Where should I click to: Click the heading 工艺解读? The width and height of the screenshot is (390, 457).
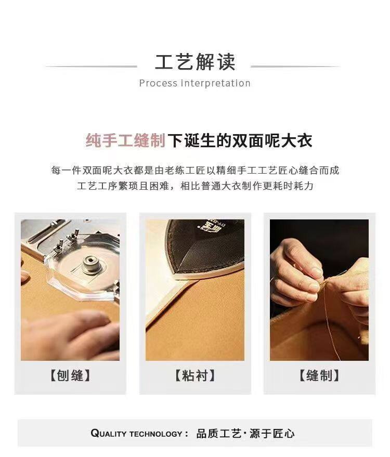click(194, 62)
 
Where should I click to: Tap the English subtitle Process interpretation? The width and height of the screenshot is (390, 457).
click(194, 83)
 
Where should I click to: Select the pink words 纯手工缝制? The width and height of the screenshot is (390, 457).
click(126, 140)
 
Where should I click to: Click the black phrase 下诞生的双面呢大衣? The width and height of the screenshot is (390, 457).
click(240, 140)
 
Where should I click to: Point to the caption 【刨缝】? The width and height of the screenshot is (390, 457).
click(70, 375)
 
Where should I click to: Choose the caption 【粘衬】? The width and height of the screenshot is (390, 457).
click(195, 375)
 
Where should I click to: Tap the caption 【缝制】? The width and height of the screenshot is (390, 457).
click(319, 375)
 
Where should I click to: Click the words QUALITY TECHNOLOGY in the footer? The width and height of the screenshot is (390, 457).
click(137, 434)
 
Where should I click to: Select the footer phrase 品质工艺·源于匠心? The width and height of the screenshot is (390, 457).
click(245, 434)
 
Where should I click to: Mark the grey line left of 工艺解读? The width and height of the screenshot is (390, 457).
click(92, 67)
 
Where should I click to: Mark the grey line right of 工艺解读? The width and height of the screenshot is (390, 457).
click(295, 67)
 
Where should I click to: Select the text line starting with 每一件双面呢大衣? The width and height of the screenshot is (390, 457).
click(195, 170)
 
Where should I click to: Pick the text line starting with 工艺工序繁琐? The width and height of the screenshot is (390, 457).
click(195, 186)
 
